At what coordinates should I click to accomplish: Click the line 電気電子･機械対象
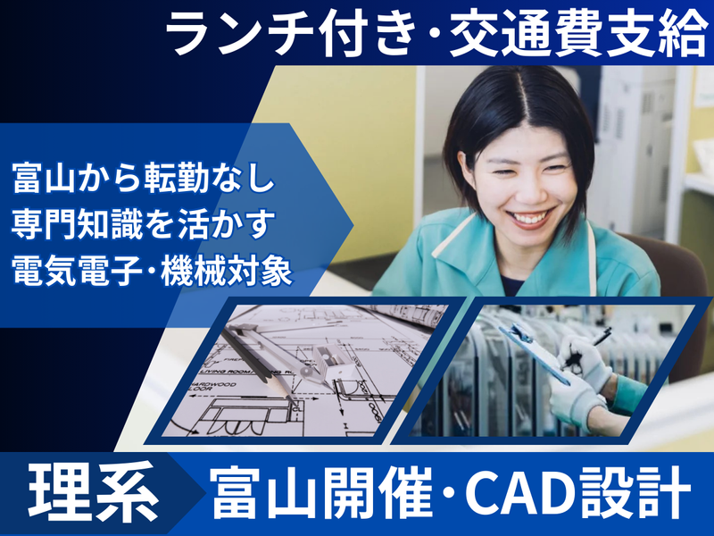click(152, 270)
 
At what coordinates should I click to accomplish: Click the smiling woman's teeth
click(528, 217)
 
